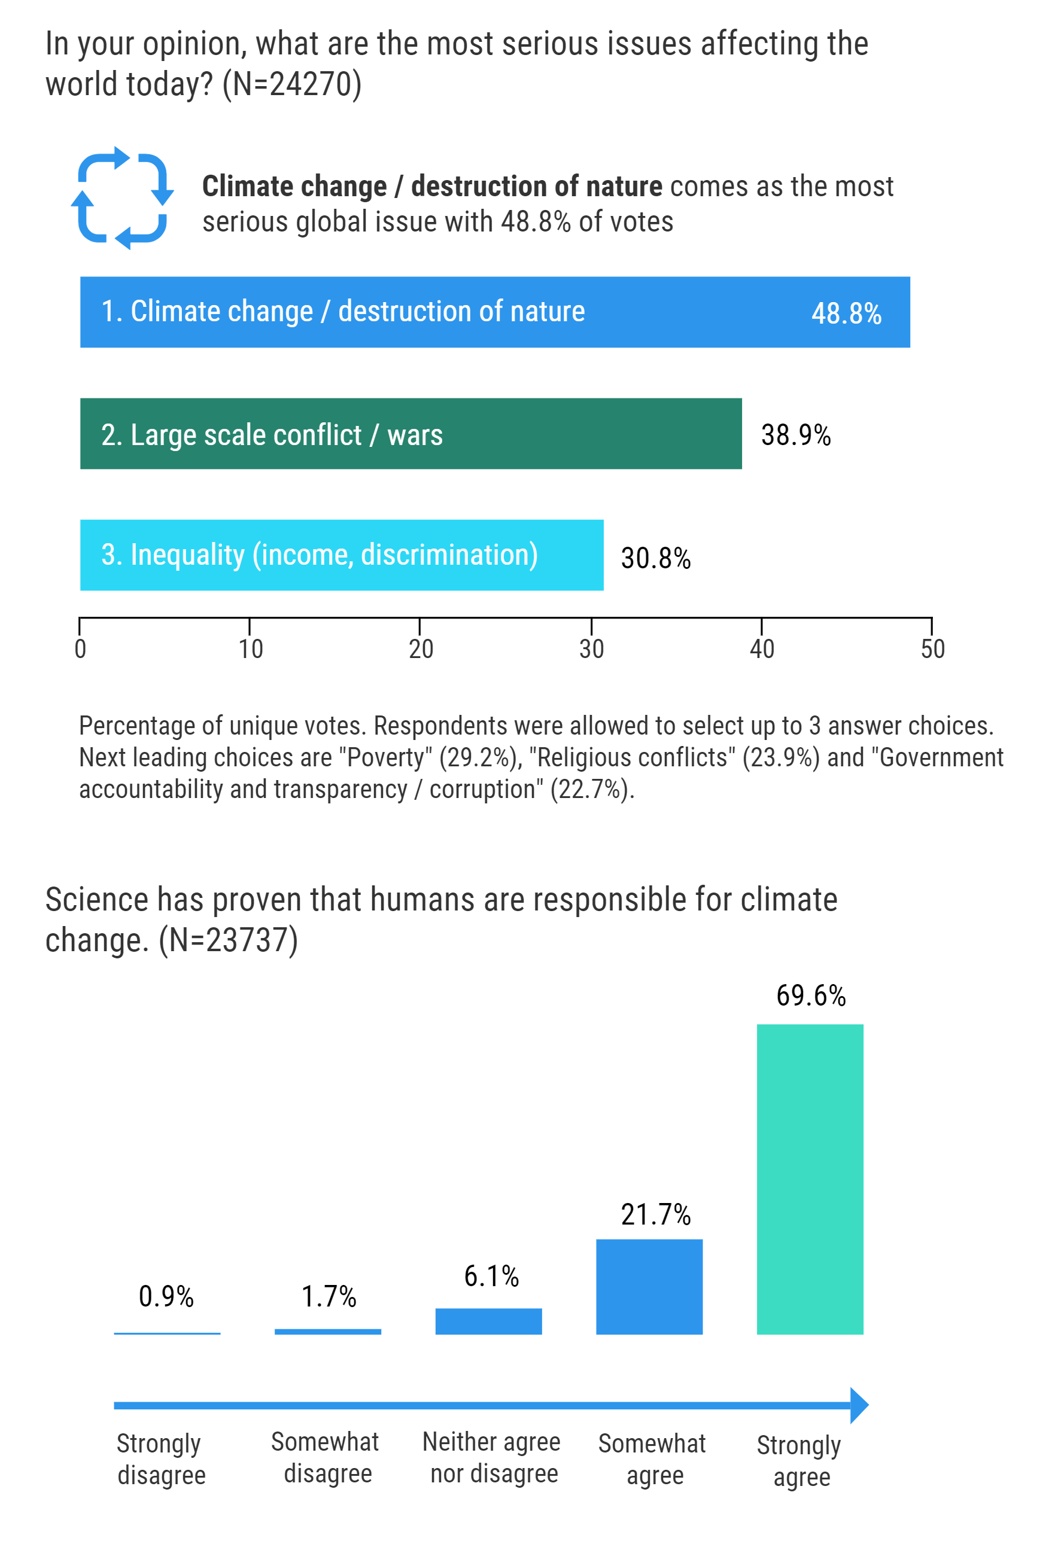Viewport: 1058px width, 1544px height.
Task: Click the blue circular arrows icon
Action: (122, 198)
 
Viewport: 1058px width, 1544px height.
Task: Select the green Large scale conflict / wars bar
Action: (410, 434)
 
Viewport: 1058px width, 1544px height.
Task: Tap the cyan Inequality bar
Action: (341, 555)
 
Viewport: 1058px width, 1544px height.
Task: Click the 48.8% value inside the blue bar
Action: (846, 313)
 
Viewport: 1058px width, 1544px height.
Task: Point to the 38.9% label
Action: (795, 435)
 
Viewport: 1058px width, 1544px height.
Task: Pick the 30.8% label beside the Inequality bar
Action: (655, 558)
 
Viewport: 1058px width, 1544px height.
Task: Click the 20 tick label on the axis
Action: (421, 649)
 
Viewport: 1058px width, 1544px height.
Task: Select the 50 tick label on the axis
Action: (932, 649)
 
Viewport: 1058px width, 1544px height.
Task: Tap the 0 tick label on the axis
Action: (80, 649)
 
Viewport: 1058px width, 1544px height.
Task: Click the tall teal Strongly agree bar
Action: (810, 1178)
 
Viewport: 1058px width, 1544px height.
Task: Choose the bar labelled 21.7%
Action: (649, 1286)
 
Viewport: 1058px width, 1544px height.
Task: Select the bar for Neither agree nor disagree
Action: (488, 1321)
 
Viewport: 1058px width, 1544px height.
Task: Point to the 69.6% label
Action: (811, 996)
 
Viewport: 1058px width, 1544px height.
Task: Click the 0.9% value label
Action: (166, 1296)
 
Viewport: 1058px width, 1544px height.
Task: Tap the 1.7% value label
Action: (329, 1296)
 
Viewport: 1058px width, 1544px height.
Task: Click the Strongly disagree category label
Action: (161, 1459)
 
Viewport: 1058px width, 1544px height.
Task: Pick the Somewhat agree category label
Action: (652, 1459)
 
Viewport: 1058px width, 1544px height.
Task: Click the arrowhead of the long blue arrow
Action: (859, 1405)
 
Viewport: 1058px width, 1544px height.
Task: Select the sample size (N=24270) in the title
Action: (292, 84)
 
